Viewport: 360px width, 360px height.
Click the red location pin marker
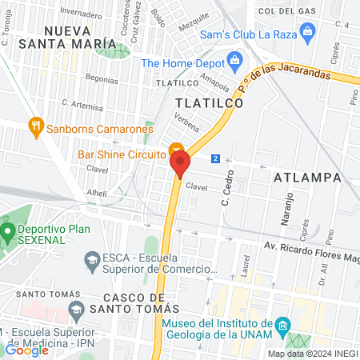(x=180, y=162)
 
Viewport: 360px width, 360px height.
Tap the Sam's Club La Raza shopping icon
(x=307, y=33)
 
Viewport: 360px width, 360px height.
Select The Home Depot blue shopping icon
(x=234, y=60)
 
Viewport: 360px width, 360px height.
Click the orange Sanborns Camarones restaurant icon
(x=34, y=126)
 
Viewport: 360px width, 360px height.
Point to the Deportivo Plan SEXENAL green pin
(x=8, y=234)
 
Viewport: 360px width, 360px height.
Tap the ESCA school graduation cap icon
(x=92, y=260)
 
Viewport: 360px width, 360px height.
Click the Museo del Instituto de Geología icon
(x=282, y=326)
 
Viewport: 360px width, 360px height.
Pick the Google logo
(x=26, y=350)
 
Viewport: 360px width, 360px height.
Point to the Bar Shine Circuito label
(x=120, y=154)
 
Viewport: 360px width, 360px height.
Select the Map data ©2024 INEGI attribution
(x=312, y=354)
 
